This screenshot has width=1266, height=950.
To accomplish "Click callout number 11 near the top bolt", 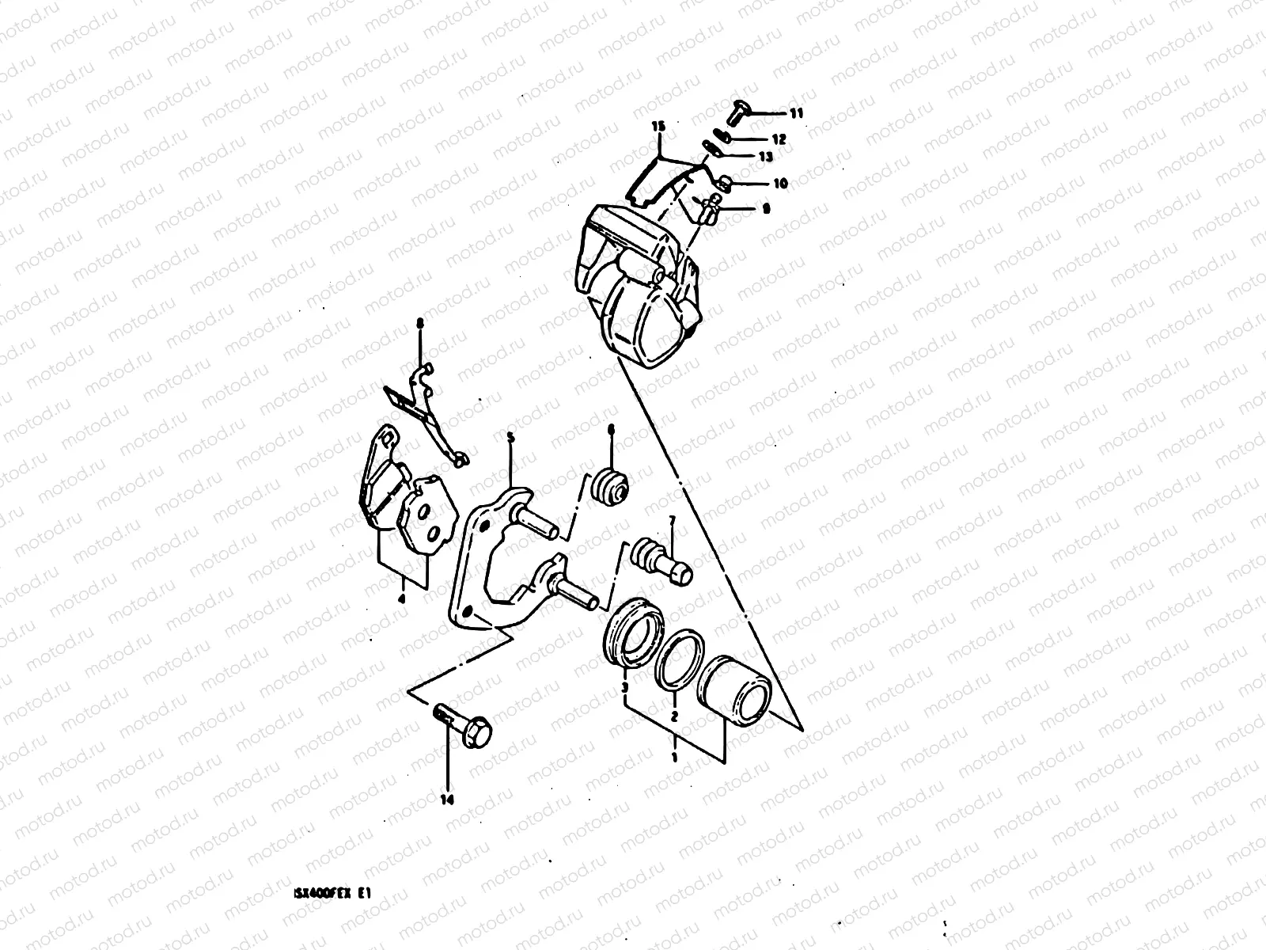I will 796,114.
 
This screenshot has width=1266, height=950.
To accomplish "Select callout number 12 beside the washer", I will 779,139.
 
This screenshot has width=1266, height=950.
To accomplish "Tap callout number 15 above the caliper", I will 658,127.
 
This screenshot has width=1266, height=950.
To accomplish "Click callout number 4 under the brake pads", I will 402,599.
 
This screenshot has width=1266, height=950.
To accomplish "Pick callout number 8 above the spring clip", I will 420,323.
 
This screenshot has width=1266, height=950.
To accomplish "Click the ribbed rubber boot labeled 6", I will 612,486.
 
